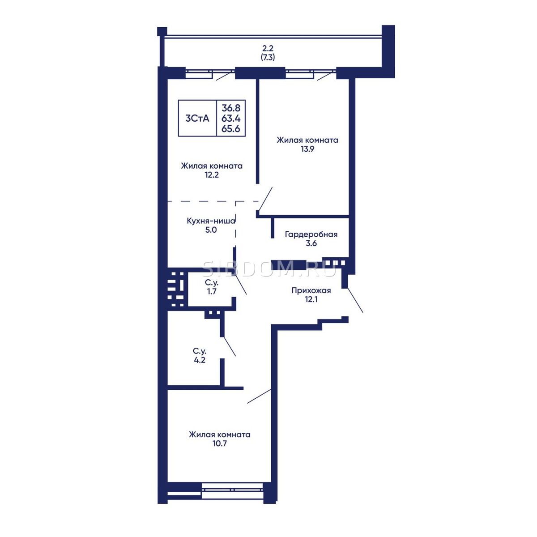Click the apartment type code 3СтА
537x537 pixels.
pos(197,119)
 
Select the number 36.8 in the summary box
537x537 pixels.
pos(231,107)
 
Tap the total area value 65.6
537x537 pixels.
pos(231,129)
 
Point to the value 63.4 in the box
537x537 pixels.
pos(231,118)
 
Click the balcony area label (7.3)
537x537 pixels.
pos(268,58)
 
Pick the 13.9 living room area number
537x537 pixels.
pos(307,149)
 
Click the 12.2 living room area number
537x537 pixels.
pos(212,175)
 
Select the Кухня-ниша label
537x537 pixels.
pos(211,221)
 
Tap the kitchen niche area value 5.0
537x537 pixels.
pos(211,230)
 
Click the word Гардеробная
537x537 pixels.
pos(311,234)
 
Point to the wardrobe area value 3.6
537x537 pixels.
pos(311,243)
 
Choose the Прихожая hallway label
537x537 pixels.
pos(311,291)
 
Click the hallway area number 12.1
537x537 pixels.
pos(311,299)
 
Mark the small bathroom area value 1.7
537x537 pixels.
pos(212,291)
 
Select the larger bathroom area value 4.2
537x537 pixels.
pos(200,360)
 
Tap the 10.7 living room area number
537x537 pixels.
pos(220,443)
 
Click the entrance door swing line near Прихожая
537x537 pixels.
pos(355,300)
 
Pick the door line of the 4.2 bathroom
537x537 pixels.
pos(230,346)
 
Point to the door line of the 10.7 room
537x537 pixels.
pos(259,396)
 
